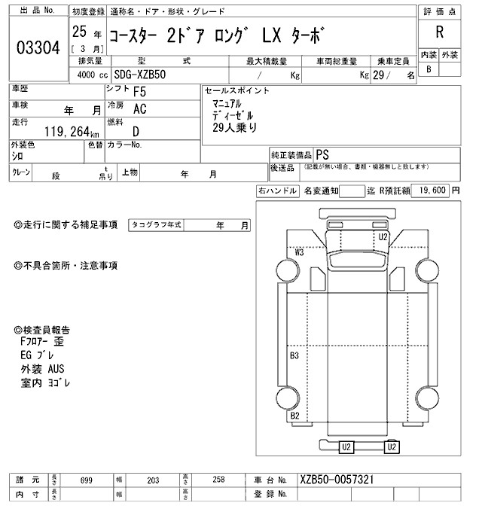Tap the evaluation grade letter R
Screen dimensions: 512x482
(x=439, y=34)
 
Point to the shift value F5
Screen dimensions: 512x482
(x=140, y=93)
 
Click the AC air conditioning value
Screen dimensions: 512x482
(x=140, y=109)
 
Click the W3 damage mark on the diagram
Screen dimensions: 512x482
(x=299, y=252)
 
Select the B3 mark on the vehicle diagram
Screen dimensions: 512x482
(x=294, y=355)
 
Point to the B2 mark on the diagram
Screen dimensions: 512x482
(x=294, y=416)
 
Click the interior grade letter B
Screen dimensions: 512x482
(x=429, y=69)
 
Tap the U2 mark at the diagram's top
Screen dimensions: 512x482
(x=383, y=236)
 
